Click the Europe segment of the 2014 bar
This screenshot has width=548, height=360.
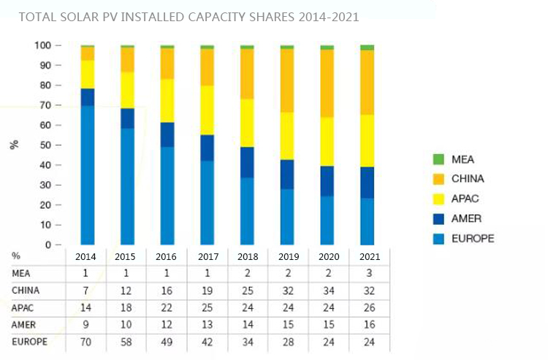88,175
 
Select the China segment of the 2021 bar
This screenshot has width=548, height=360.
367,83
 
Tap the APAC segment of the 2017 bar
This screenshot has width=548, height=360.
207,110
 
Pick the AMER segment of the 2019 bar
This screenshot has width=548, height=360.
287,175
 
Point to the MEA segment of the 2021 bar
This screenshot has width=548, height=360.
367,47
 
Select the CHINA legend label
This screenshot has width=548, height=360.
468,179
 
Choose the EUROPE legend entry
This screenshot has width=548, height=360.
472,239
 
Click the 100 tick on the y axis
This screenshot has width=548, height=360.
43,45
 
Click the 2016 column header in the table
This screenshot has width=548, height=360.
167,257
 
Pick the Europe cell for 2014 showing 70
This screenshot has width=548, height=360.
88,342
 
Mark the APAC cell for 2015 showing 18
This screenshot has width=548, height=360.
127,308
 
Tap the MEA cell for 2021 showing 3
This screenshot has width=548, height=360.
367,275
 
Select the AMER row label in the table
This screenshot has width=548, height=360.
23,325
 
